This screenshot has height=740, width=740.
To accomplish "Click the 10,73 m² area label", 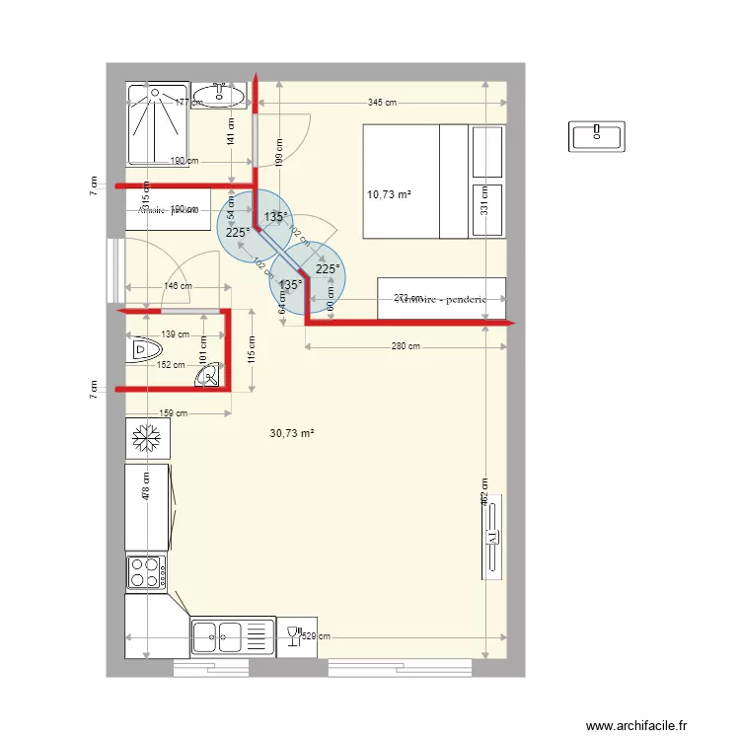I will (388, 195).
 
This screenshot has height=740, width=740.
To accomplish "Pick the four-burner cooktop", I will (146, 572).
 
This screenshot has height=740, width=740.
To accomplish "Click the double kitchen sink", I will (219, 635).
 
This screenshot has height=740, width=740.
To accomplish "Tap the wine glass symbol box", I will (292, 635).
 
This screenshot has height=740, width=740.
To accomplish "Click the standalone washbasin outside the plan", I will (597, 136).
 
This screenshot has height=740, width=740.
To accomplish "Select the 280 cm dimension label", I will (406, 346).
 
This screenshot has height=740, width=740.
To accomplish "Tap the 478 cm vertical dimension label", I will (146, 490).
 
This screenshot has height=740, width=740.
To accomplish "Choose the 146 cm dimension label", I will (178, 287).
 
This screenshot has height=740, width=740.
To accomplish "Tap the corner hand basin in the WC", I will (209, 376).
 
